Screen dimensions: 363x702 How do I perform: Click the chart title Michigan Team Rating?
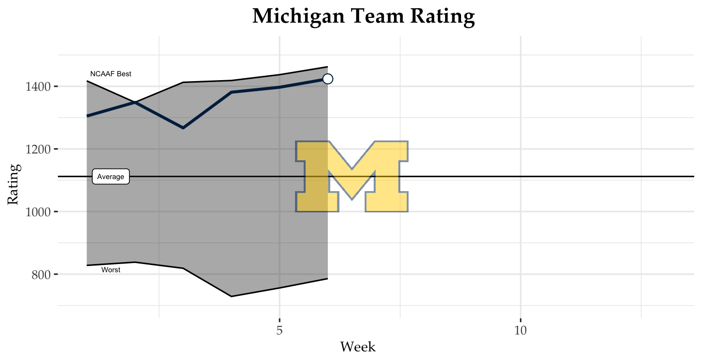(364, 16)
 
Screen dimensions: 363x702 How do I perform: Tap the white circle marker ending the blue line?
(327, 79)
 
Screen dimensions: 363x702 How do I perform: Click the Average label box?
(111, 177)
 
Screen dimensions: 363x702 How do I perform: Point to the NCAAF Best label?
(111, 74)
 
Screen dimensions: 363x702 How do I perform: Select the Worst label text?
(111, 270)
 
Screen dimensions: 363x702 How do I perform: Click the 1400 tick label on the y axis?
(37, 87)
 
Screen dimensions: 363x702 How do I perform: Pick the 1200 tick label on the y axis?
(37, 149)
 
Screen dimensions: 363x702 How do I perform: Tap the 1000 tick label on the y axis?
(37, 212)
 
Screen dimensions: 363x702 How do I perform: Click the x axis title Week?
(358, 347)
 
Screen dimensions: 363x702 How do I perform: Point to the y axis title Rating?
(14, 184)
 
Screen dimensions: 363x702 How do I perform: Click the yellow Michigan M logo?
(352, 177)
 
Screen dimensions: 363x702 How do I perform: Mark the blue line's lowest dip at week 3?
(183, 128)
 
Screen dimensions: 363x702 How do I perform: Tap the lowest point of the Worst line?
(231, 296)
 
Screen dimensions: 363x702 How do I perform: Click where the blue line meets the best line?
(135, 102)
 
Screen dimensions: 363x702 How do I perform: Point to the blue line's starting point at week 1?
(87, 116)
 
